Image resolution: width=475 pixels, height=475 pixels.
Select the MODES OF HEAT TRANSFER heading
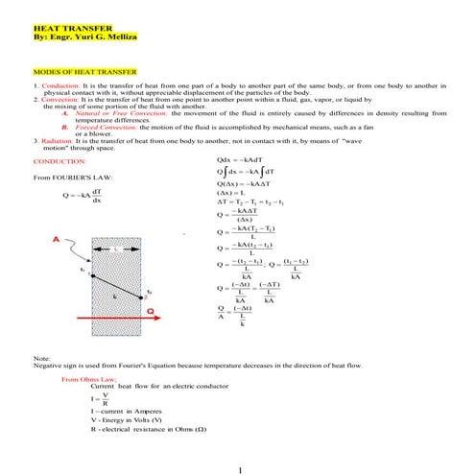click(84, 72)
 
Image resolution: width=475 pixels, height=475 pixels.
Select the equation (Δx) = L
click(236, 194)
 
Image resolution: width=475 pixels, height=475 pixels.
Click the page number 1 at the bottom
click(239, 469)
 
